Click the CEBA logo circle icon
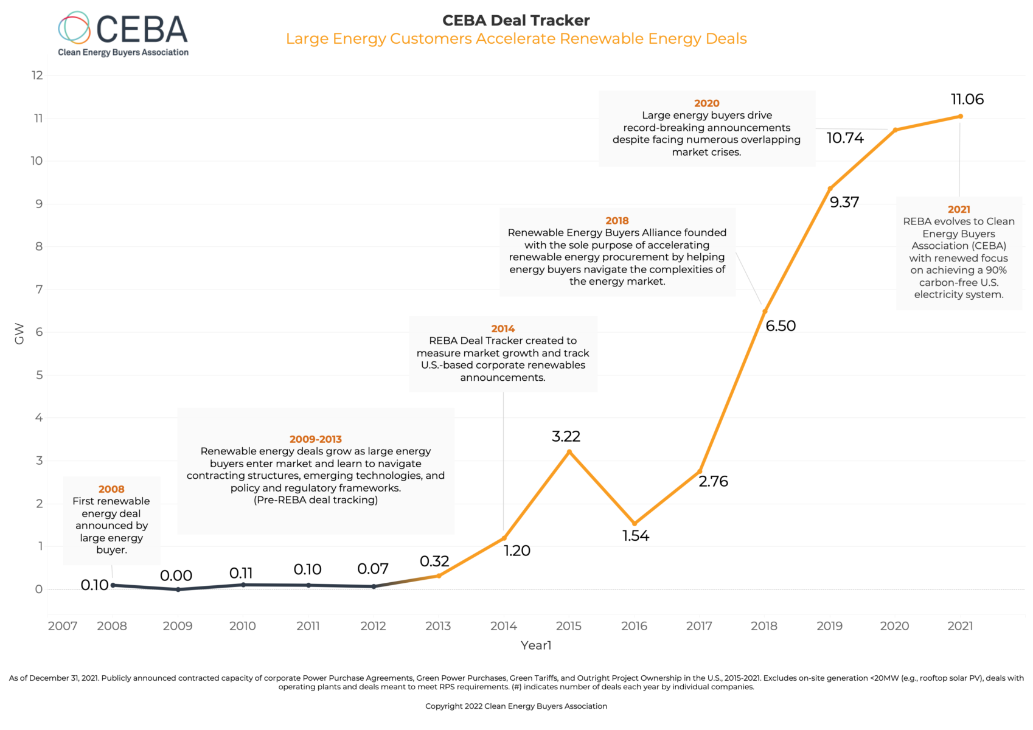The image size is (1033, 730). tap(74, 27)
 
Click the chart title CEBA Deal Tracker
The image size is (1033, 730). tap(516, 20)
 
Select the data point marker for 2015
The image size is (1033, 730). tap(569, 451)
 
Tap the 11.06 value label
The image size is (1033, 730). tap(967, 99)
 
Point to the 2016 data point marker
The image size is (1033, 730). tap(635, 523)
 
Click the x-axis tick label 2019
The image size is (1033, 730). tap(829, 626)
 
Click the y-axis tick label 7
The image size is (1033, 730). tap(39, 290)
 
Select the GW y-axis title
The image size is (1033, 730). tap(19, 333)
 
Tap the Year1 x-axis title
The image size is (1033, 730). tap(535, 645)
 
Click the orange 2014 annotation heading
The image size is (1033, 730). tap(503, 328)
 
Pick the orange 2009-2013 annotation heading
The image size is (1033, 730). tap(315, 439)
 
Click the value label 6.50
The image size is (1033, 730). tap(780, 326)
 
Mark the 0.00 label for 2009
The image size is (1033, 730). tap(176, 575)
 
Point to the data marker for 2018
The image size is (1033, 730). tap(765, 311)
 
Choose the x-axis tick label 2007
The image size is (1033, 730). tap(63, 626)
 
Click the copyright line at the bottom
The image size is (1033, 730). tap(516, 706)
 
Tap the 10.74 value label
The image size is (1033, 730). tap(844, 138)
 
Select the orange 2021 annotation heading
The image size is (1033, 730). tap(958, 209)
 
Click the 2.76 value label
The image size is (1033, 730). tap(713, 481)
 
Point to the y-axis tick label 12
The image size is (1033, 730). tap(37, 75)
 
